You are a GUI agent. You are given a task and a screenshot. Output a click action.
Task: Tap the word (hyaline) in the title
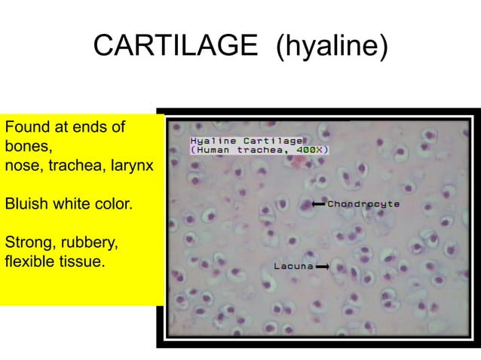pos(332,46)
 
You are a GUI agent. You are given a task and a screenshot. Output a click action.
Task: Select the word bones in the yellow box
pos(26,145)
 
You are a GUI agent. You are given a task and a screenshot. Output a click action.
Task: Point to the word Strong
pos(27,243)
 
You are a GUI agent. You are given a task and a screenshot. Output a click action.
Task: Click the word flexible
pos(29,263)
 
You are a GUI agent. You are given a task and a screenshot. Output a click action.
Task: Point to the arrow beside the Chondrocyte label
pos(317,204)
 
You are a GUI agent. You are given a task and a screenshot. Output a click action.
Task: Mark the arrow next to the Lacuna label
pos(323,267)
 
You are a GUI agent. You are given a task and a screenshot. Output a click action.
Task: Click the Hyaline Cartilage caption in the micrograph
pos(246,141)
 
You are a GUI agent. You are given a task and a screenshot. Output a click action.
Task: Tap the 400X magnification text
pos(311,150)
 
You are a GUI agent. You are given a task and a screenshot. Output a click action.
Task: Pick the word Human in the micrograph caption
pos(214,150)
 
